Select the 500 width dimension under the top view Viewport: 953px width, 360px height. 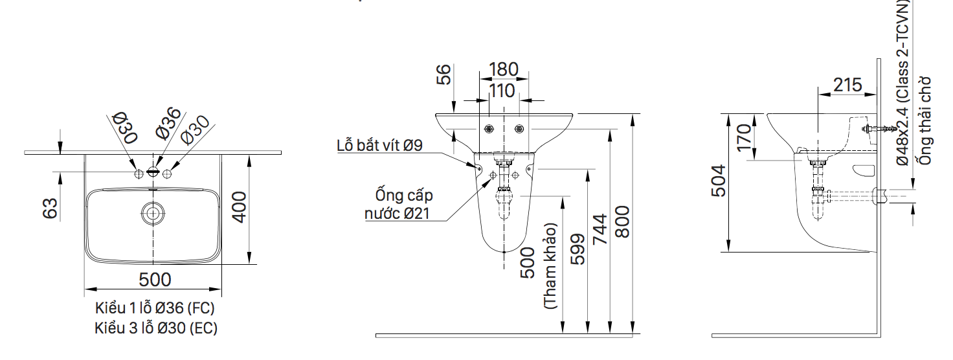click(x=155, y=279)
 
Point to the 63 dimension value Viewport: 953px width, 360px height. click(x=50, y=207)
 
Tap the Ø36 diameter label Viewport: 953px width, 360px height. click(x=167, y=123)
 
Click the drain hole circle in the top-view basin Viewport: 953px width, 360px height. click(x=153, y=212)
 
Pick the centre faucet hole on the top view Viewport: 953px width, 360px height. click(x=153, y=172)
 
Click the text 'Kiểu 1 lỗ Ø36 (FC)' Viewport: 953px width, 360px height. click(x=155, y=308)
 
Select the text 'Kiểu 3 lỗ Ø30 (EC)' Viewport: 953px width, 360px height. click(x=156, y=328)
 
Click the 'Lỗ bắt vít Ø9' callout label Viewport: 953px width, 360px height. click(x=379, y=145)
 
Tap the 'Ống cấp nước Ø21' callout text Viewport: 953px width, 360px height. click(x=403, y=205)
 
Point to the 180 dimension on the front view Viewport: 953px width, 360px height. click(x=504, y=69)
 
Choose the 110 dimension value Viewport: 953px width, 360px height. click(x=502, y=91)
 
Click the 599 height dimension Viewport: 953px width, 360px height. click(x=577, y=250)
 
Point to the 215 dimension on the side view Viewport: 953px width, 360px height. click(x=847, y=85)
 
